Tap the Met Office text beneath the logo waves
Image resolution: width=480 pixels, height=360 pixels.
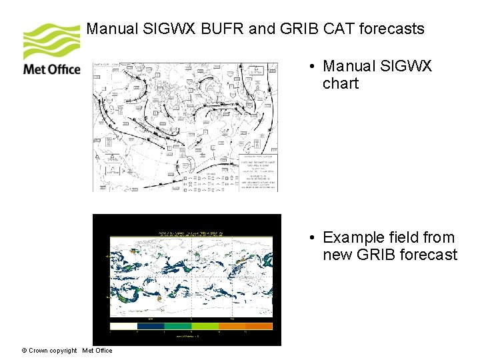51,69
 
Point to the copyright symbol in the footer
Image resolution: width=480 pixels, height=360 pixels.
24,351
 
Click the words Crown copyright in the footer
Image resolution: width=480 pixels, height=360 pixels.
53,351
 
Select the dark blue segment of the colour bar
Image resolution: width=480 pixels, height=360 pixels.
151,326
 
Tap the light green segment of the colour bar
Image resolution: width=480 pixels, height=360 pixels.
205,326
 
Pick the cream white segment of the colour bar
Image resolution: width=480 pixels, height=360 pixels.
123,326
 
